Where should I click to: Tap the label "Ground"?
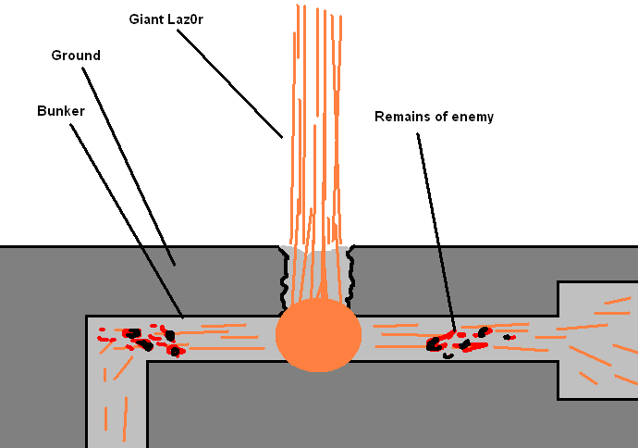pyautogui.click(x=75, y=56)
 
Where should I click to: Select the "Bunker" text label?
pyautogui.click(x=61, y=110)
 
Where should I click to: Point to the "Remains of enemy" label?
pyautogui.click(x=434, y=117)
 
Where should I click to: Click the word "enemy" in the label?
pyautogui.click(x=474, y=117)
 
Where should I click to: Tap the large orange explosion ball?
pyautogui.click(x=318, y=334)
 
